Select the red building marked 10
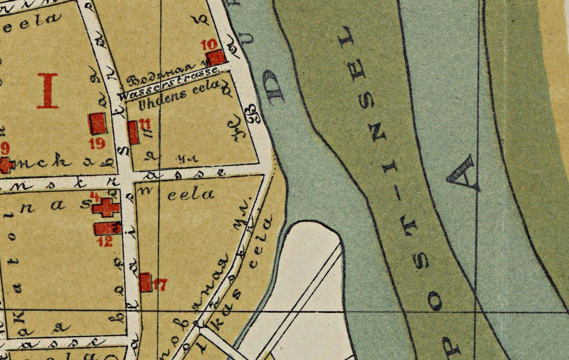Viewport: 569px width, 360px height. (217, 57)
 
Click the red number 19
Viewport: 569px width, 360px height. (97, 143)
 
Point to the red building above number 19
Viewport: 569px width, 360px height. (97, 123)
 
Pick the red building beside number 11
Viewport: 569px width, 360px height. (133, 132)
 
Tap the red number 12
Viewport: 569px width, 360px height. (105, 242)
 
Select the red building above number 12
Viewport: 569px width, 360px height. (107, 228)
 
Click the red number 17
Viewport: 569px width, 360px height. (160, 285)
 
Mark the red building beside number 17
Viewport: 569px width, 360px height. (145, 282)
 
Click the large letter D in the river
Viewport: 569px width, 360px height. (276, 87)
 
